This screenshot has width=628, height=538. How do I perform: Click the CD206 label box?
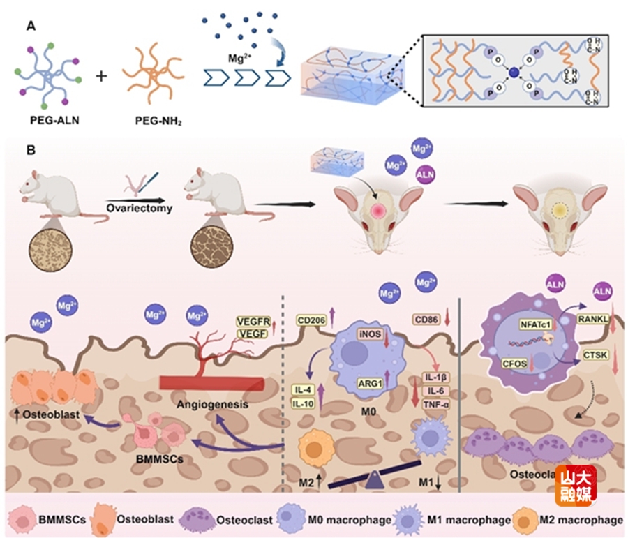(311, 320)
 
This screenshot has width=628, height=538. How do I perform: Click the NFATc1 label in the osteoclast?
(534, 324)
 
